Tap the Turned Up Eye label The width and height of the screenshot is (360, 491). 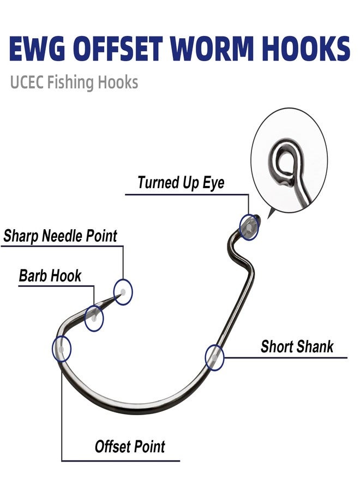tap(181, 182)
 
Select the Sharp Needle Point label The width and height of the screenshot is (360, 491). tap(60, 236)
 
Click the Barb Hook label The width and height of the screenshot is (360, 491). tap(50, 276)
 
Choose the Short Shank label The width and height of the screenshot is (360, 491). tap(297, 346)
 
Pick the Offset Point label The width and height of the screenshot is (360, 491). tap(130, 447)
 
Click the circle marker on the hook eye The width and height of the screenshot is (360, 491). tap(249, 226)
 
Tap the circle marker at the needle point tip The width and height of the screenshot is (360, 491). tap(123, 292)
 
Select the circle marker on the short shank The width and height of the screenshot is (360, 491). tap(214, 357)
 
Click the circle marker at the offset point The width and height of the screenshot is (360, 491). tap(61, 349)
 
